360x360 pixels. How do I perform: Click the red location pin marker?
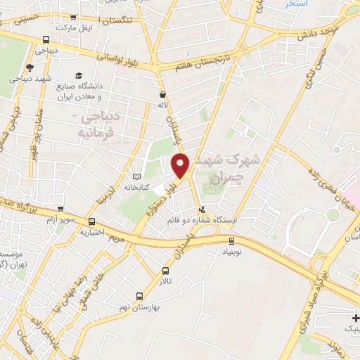[x=181, y=165]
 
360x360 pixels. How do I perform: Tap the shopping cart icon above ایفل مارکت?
[x=73, y=17]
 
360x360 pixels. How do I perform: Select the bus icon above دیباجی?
[x=46, y=40]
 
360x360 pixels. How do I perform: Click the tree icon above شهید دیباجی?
[x=29, y=67]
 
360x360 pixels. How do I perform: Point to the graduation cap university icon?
[x=79, y=75]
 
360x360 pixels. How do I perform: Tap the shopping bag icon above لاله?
[x=162, y=94]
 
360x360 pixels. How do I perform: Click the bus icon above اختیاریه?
[x=91, y=222]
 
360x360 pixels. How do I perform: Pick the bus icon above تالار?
[x=166, y=271]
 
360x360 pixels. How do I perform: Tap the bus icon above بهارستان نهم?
[x=139, y=296]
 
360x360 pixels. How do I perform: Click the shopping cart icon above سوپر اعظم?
[x=61, y=209]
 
